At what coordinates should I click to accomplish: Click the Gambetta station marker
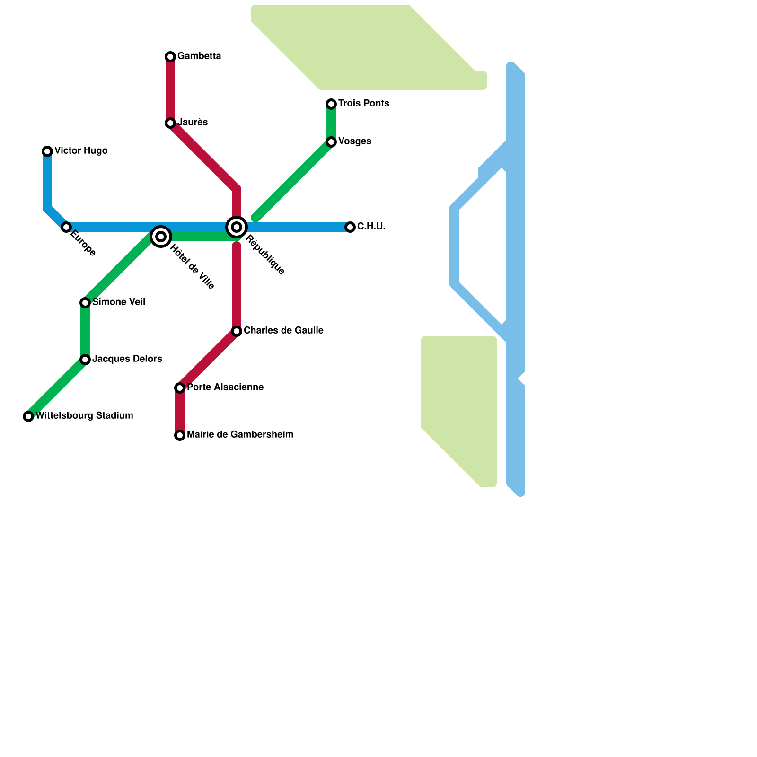click(x=170, y=57)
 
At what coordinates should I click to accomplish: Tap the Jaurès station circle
click(x=170, y=123)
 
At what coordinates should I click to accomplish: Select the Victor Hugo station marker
click(x=47, y=151)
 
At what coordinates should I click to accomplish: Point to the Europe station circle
click(x=66, y=227)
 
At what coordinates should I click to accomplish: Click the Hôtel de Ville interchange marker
click(x=161, y=237)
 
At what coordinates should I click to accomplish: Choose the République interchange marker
click(x=237, y=227)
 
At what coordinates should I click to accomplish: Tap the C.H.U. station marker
click(x=350, y=227)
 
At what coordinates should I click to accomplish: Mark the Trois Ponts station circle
click(x=331, y=104)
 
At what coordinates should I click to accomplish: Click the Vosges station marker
click(x=331, y=142)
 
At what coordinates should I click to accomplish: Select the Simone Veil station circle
click(x=85, y=303)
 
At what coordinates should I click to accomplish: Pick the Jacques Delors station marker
click(x=85, y=360)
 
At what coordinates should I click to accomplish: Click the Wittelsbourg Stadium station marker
click(x=28, y=416)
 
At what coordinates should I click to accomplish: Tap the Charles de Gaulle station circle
click(x=237, y=331)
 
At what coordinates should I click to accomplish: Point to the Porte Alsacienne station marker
click(x=180, y=388)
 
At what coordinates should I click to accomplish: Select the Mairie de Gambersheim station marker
click(x=180, y=435)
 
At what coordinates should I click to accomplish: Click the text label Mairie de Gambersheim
click(x=240, y=434)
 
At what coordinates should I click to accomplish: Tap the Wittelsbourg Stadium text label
click(x=84, y=415)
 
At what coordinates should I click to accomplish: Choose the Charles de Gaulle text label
click(x=283, y=330)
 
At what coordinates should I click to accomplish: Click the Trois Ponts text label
click(x=364, y=103)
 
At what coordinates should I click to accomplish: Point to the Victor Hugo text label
click(x=81, y=150)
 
